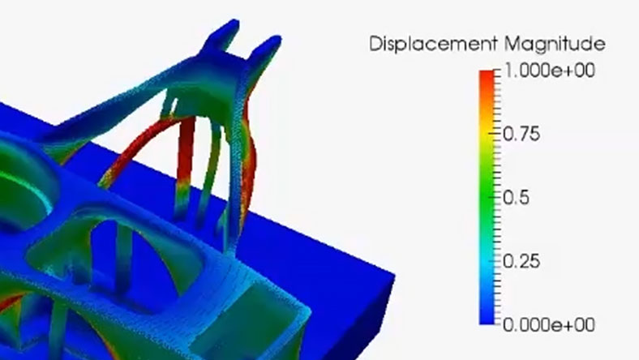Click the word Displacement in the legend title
coord(434,43)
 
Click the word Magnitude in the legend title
coord(555,43)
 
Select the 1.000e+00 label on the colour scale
coord(549,70)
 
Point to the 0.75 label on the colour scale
coord(521,134)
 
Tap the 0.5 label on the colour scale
coord(517,197)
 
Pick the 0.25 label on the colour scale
coord(521,261)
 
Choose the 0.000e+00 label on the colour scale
coord(549,325)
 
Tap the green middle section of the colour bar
coord(487,197)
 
